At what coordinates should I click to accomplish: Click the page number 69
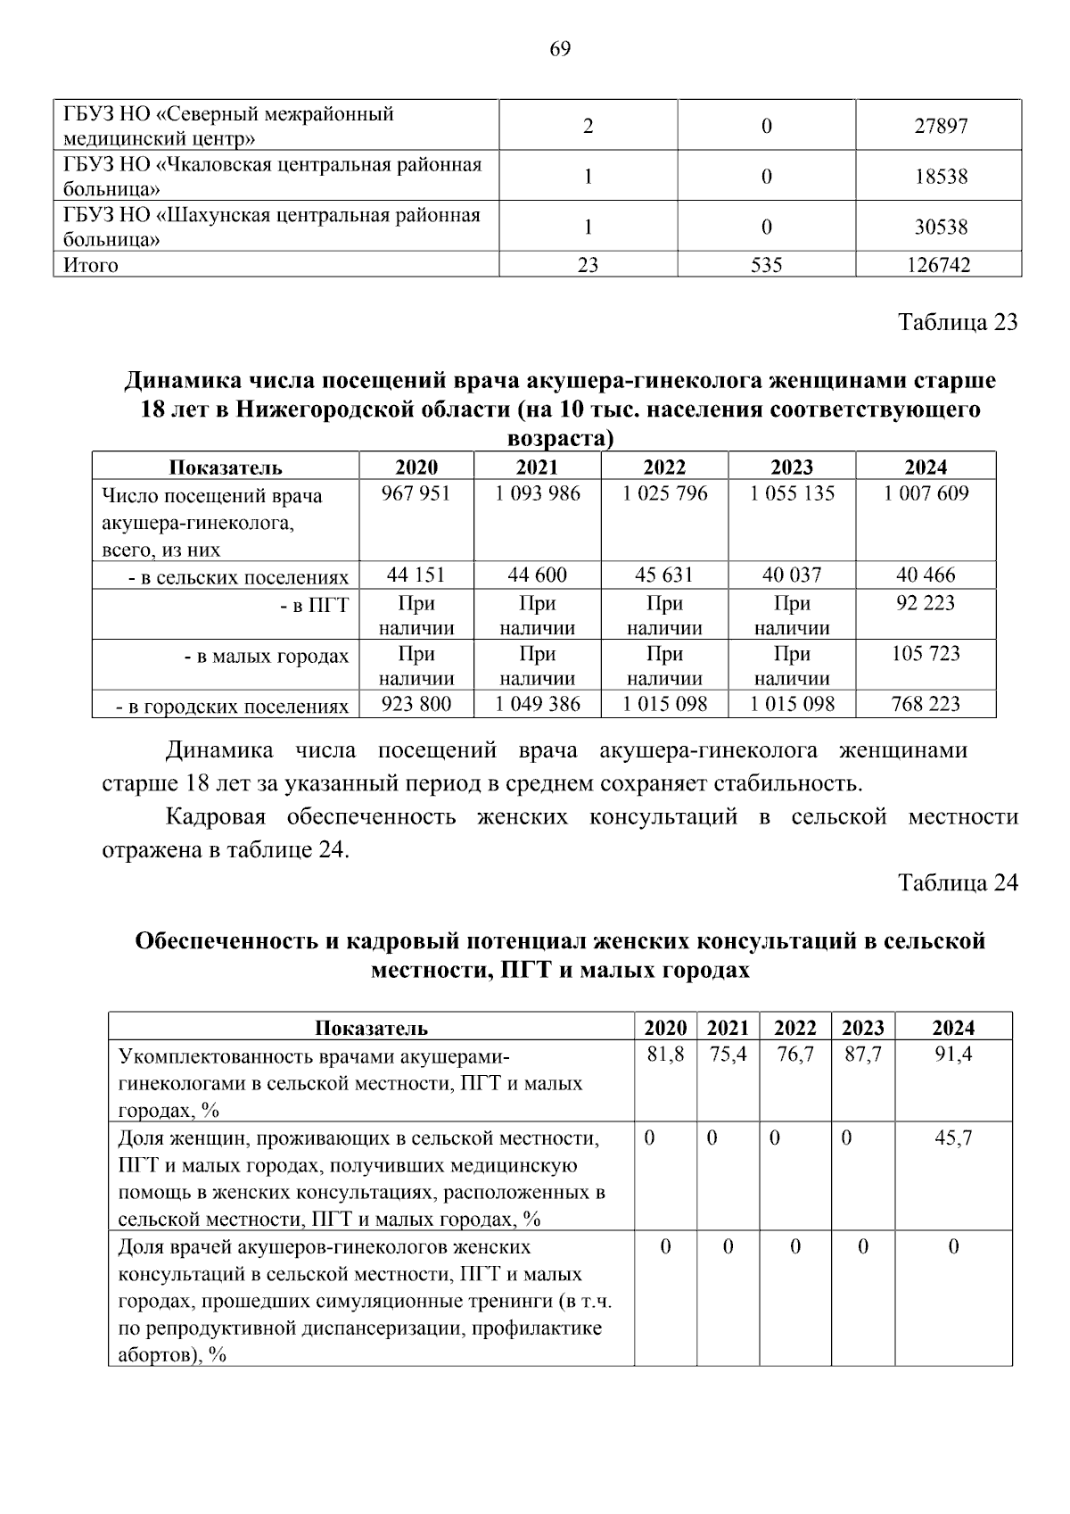[x=560, y=49]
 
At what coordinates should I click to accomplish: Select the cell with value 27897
[x=940, y=127]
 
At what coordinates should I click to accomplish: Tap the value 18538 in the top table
[x=940, y=177]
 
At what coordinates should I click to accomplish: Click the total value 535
[x=766, y=265]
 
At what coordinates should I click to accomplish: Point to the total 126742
[x=939, y=265]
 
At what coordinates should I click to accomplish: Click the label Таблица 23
[x=957, y=322]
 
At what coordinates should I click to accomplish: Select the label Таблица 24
[x=957, y=882]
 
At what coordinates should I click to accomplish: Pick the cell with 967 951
[x=416, y=493]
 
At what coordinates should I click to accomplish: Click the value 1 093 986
[x=537, y=493]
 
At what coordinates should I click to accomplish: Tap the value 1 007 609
[x=926, y=493]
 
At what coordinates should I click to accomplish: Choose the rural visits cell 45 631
[x=664, y=575]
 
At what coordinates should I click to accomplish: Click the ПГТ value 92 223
[x=926, y=603]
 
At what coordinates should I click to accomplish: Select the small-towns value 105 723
[x=926, y=654]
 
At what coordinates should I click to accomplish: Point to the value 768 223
[x=926, y=705]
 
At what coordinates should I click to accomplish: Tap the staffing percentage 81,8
[x=665, y=1055]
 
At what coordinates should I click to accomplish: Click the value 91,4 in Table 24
[x=953, y=1055]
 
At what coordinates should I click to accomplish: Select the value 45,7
[x=953, y=1138]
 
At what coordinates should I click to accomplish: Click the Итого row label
[x=91, y=265]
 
